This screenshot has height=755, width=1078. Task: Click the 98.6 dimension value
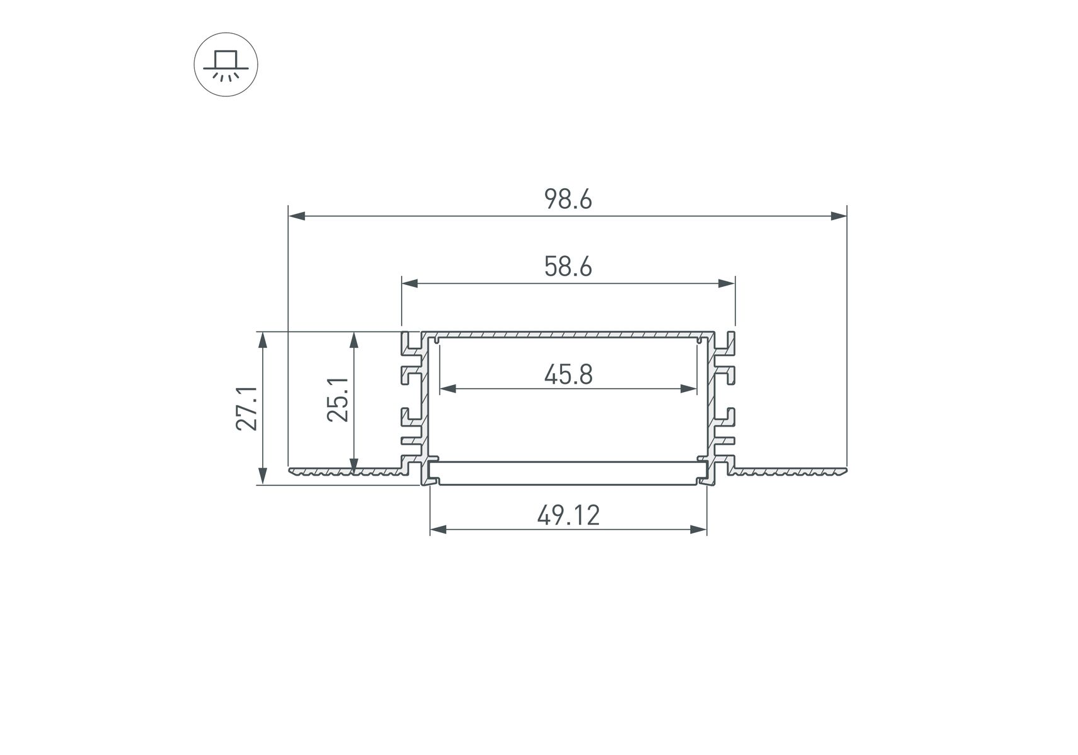[568, 199]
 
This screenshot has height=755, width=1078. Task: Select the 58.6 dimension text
[568, 267]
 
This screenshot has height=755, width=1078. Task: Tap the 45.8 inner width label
[568, 375]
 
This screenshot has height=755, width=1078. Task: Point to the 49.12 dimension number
[568, 516]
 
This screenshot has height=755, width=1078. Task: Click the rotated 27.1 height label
[247, 408]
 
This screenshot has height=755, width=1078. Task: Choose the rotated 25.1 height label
[338, 399]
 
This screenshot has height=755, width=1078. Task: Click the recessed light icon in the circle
[226, 64]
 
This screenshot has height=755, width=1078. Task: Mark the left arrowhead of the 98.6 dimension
[297, 216]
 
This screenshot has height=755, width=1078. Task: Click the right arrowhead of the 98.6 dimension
[839, 216]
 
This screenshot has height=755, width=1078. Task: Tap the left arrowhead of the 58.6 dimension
[410, 284]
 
